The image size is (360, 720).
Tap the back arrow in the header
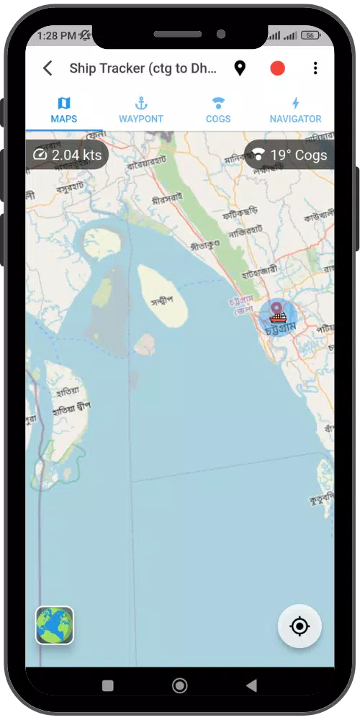48,68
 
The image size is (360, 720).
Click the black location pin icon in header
240,68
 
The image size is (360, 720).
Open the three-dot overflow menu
315,68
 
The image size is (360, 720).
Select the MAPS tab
64,110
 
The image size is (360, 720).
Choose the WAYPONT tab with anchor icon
141,110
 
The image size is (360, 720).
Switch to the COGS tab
218,110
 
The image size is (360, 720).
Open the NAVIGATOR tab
295,110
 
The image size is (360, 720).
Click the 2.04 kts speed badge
68,155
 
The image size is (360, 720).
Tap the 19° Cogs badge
289,155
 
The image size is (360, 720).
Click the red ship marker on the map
278,317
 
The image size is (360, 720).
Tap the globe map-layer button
55,625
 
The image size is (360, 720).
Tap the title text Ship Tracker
143,68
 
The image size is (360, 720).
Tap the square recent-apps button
108,685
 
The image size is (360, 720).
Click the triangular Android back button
251,685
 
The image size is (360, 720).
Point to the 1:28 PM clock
56,35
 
